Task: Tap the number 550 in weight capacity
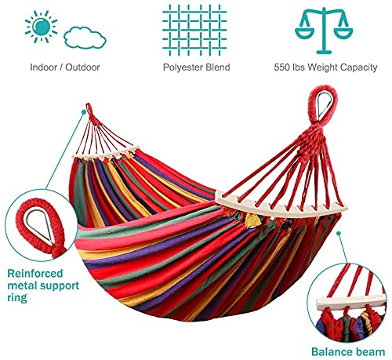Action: pyautogui.click(x=283, y=68)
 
